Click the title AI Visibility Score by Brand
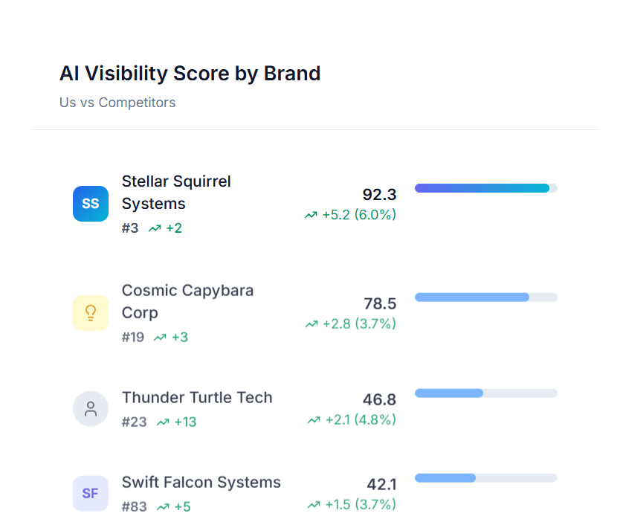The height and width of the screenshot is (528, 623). click(x=190, y=74)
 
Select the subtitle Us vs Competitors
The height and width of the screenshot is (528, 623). click(x=117, y=103)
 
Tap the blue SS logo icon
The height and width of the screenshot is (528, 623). click(x=91, y=204)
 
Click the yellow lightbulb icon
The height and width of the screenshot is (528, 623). click(x=91, y=312)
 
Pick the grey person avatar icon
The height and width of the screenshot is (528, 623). click(x=91, y=409)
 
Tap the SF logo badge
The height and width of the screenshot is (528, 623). click(x=91, y=493)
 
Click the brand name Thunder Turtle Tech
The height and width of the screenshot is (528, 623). click(x=197, y=398)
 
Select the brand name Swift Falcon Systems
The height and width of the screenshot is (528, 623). click(x=201, y=482)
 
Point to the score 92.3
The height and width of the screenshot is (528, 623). click(x=379, y=195)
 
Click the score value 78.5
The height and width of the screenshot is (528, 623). click(x=380, y=303)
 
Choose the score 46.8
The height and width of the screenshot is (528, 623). click(x=379, y=400)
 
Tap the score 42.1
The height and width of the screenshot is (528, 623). click(x=381, y=485)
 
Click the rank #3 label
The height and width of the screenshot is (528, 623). click(x=130, y=228)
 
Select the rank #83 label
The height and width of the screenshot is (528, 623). click(x=135, y=507)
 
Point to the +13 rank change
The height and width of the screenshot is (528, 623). click(x=185, y=422)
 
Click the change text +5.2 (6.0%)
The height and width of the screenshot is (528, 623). click(x=358, y=215)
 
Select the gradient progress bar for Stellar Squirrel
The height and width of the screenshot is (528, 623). click(x=485, y=188)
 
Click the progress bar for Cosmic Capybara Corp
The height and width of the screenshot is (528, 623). click(x=485, y=297)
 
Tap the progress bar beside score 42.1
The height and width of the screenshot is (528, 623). click(x=485, y=478)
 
